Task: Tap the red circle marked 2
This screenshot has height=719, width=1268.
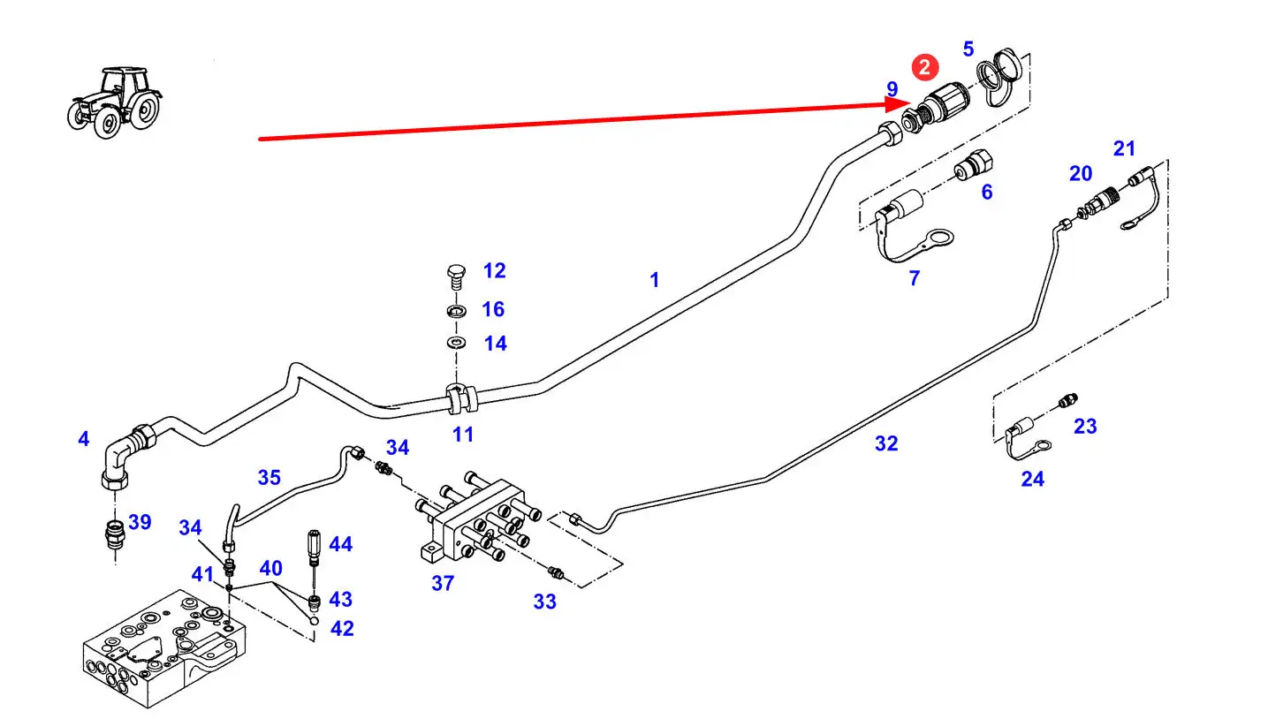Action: pyautogui.click(x=924, y=68)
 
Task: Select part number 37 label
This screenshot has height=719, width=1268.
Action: pyautogui.click(x=443, y=583)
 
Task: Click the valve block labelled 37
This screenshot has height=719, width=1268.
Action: pyautogui.click(x=477, y=521)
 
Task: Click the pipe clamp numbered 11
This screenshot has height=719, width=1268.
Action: pyautogui.click(x=461, y=399)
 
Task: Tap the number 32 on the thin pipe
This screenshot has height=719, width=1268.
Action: pyautogui.click(x=885, y=443)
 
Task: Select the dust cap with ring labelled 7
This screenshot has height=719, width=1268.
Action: pyautogui.click(x=910, y=224)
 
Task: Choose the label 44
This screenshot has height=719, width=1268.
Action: pyautogui.click(x=340, y=544)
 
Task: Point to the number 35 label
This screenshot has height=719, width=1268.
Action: pyautogui.click(x=269, y=478)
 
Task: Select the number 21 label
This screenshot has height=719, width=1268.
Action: pyautogui.click(x=1123, y=148)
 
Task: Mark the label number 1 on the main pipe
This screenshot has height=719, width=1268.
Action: pyautogui.click(x=654, y=280)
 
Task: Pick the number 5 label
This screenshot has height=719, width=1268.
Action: pyautogui.click(x=968, y=49)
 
